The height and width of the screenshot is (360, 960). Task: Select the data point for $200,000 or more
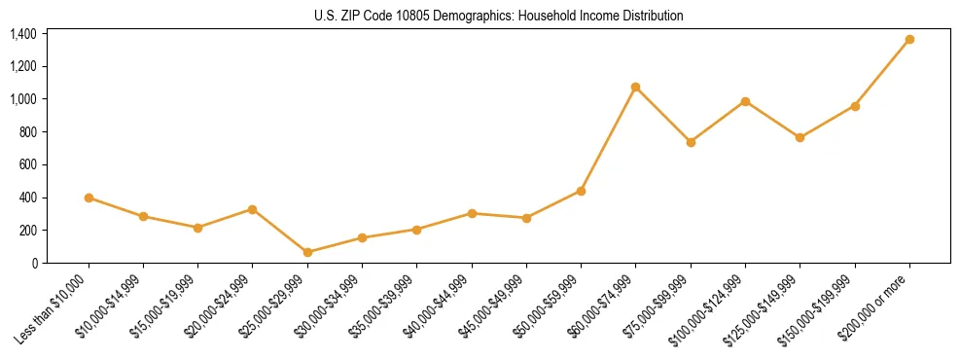[909, 40]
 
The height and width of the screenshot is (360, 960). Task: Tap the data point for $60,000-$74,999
[635, 88]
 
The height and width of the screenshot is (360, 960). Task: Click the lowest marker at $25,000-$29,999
[307, 252]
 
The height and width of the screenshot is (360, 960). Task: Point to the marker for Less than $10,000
[89, 198]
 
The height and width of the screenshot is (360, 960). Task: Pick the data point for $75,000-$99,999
[691, 142]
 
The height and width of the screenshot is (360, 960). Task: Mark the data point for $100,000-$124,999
[745, 101]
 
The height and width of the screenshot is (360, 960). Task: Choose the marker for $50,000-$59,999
[581, 191]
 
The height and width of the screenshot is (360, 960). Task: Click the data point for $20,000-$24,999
[253, 209]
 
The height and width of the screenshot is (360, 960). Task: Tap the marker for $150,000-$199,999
[855, 106]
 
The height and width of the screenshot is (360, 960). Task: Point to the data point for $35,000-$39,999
[416, 230]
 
